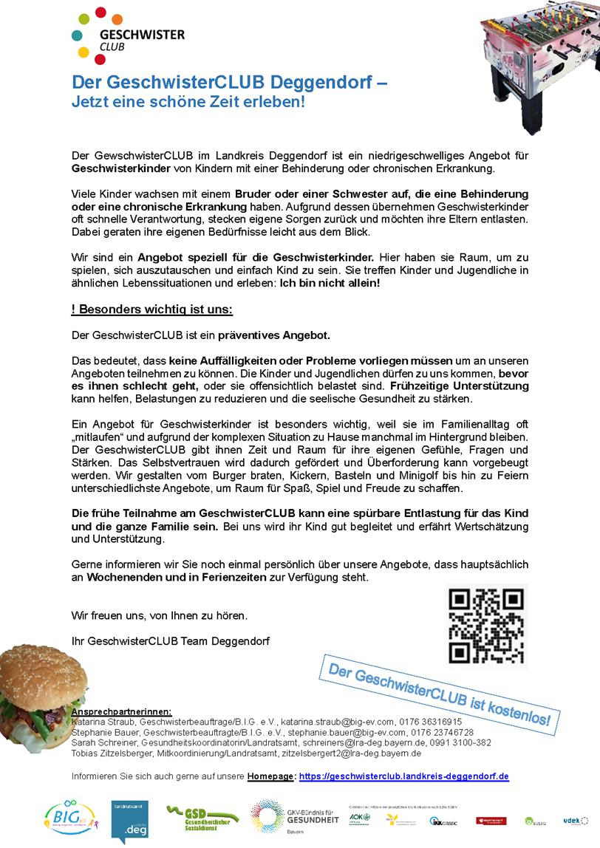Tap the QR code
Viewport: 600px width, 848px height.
coord(486,626)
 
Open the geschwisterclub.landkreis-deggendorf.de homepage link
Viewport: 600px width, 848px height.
coord(404,776)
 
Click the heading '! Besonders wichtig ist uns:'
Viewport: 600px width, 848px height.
coord(152,310)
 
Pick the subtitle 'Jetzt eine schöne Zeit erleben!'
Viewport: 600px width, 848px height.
coord(188,102)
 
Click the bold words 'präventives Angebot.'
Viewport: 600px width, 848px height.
coord(273,335)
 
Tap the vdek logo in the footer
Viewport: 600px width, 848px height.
coord(573,820)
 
